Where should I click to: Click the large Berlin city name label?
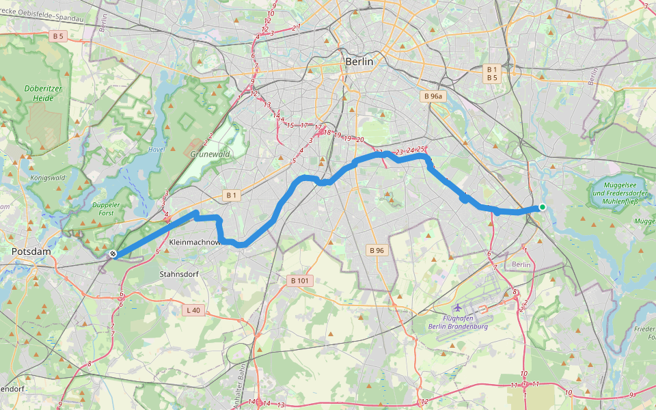click(x=359, y=61)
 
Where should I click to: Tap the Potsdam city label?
click(x=31, y=252)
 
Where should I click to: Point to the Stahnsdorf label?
click(x=178, y=274)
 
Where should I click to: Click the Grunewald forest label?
click(x=210, y=154)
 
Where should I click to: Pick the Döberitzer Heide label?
click(x=38, y=93)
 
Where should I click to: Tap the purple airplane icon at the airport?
click(x=457, y=308)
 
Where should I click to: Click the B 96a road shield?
click(x=433, y=97)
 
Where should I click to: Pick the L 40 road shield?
click(x=193, y=310)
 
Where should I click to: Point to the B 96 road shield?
click(x=377, y=250)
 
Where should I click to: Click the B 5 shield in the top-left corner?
click(x=58, y=36)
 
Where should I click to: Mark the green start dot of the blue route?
click(x=542, y=207)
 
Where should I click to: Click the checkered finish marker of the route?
click(x=113, y=254)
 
